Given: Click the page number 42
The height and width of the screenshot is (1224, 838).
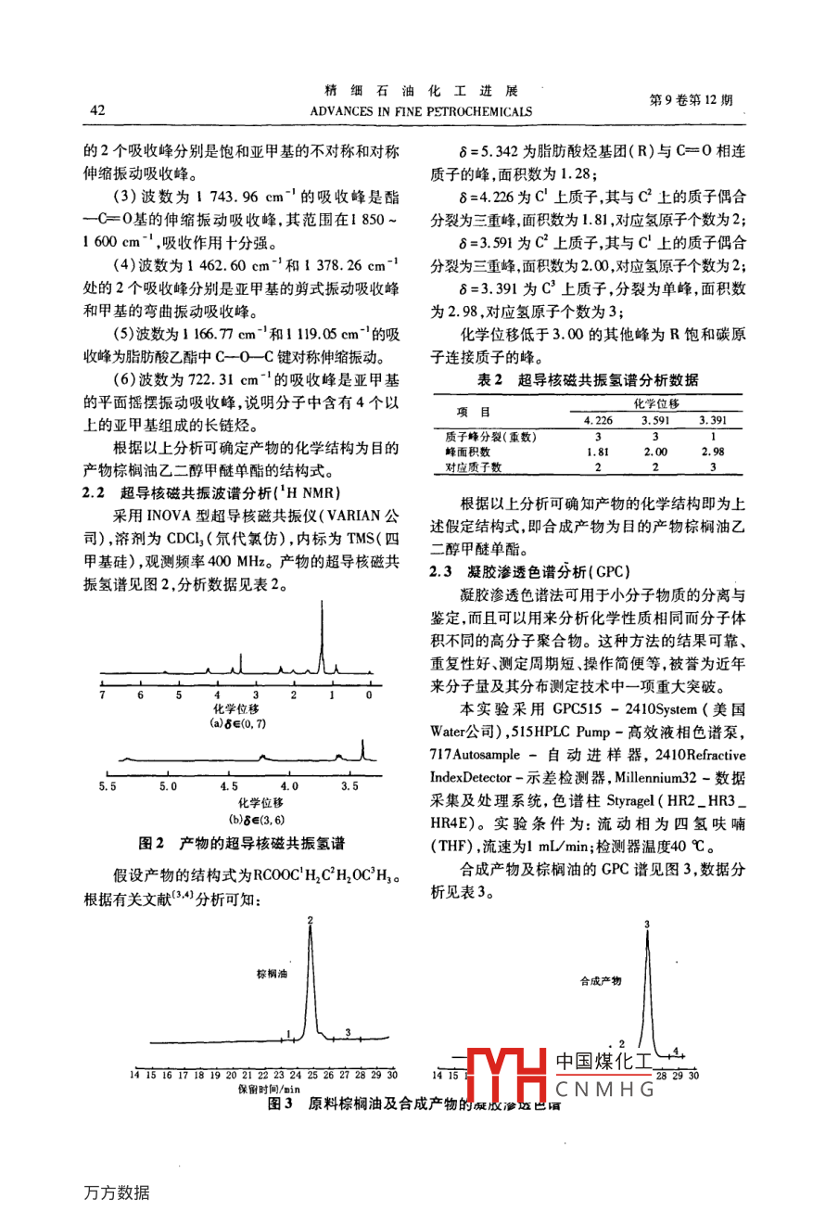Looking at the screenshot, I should tap(97, 110).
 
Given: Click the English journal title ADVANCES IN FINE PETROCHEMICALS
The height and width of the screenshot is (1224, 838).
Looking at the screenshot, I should tap(421, 111).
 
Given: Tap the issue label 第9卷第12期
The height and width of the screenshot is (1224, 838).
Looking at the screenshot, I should tap(692, 100).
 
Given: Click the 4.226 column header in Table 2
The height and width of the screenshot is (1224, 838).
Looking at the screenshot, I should tap(597, 421).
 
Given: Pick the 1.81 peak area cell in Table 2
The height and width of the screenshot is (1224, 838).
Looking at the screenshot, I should tap(597, 452).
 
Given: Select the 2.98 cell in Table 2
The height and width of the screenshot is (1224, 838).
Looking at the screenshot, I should tap(713, 452).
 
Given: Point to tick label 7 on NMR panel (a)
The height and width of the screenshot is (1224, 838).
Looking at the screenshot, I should tap(102, 695).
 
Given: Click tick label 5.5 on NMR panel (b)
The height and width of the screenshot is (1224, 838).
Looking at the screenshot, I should tap(108, 786).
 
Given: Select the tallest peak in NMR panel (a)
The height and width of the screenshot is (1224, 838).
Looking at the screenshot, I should tap(322, 640).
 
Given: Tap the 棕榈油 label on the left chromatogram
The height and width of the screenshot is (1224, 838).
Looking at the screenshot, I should tap(272, 975).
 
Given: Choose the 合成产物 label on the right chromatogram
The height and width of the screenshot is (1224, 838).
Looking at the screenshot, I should tap(600, 980).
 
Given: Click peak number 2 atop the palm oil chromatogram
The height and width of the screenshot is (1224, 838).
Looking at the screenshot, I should tap(311, 920).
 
